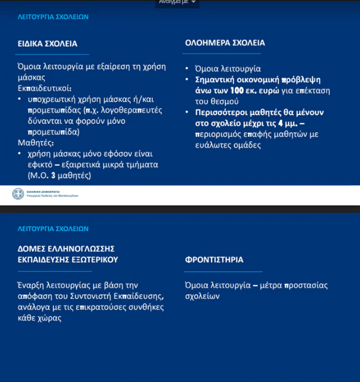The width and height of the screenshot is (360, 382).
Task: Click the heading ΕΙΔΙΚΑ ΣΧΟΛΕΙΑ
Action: [x=47, y=43]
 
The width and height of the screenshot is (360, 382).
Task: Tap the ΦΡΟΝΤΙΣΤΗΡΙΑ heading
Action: [x=214, y=259]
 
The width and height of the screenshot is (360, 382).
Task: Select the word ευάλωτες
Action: [x=209, y=145]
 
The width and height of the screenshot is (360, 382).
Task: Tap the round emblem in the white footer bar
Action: [x=18, y=194]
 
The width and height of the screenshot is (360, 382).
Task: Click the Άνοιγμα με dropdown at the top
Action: [x=177, y=3]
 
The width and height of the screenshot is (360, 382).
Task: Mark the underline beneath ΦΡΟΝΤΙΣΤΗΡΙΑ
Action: [x=223, y=272]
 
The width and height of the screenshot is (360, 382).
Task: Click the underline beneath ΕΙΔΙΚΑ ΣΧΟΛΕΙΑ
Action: [x=53, y=54]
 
